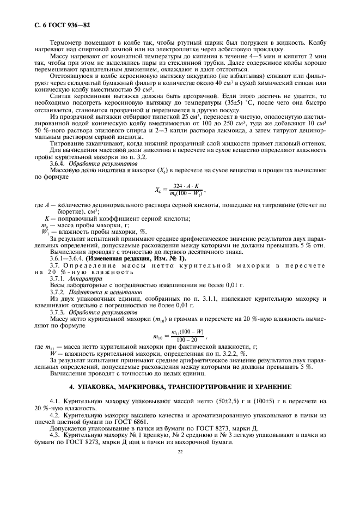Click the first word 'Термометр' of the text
click(x=65, y=42)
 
